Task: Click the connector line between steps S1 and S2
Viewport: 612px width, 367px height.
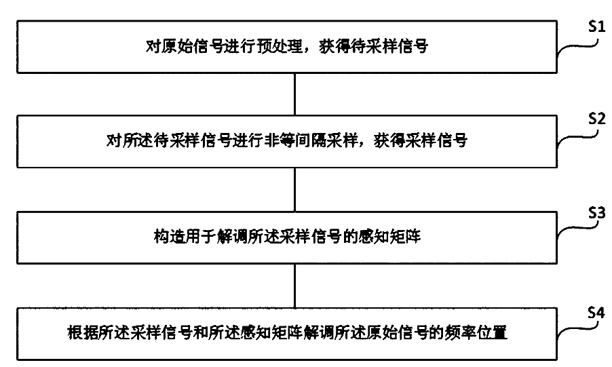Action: [x=294, y=94]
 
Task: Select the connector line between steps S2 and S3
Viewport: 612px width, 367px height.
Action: [x=294, y=191]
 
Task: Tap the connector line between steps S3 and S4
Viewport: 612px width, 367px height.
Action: [x=294, y=287]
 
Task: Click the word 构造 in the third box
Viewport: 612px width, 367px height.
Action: [x=168, y=239]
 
